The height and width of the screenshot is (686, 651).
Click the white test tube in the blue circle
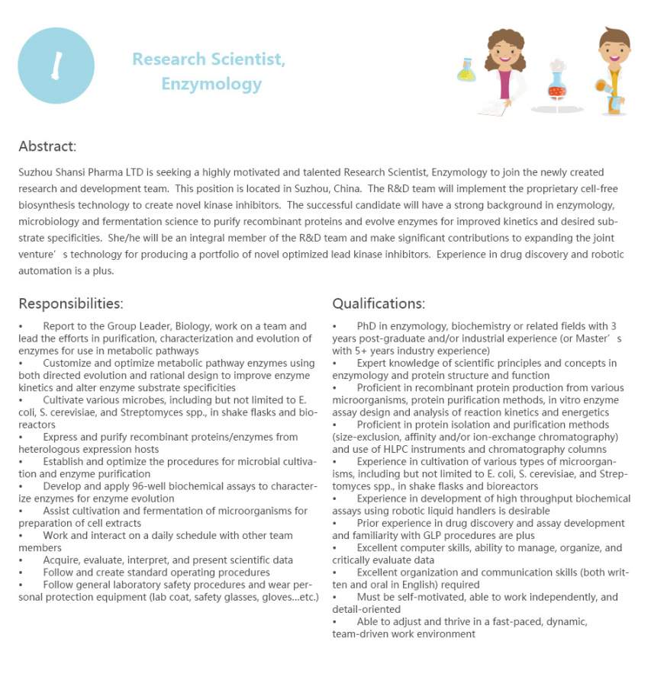55,66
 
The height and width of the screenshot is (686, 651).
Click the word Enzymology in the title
211,84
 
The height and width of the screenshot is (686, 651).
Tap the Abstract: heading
47,146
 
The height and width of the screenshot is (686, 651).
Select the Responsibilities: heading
71,303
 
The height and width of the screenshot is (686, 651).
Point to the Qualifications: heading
379,303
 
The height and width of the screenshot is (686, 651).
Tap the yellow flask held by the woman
466,72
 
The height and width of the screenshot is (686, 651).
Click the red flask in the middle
557,88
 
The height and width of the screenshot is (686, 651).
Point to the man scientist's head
613,47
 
